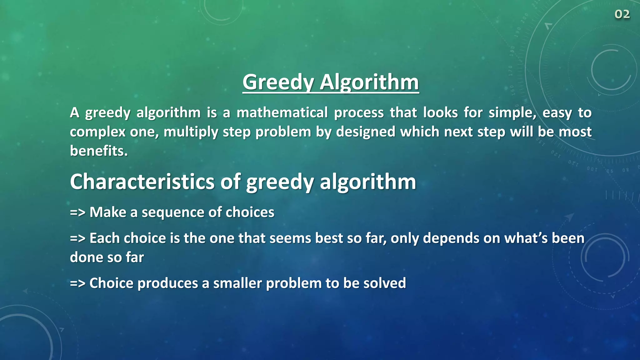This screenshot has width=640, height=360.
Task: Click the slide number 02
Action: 622,14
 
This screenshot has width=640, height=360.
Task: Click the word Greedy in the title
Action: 278,82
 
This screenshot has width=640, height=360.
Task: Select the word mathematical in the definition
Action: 282,112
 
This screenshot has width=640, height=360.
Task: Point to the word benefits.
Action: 99,151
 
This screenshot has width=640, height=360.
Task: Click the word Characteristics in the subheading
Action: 142,182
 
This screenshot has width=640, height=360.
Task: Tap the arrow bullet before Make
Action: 77,212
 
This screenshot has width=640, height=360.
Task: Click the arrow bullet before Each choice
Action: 77,238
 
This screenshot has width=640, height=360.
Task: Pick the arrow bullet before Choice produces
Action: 77,283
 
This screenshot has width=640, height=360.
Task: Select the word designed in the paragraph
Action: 365,132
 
